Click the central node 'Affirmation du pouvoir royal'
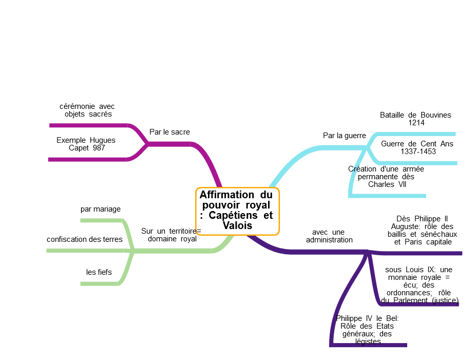[237, 210]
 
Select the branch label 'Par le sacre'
[169, 132]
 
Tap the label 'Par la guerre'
[344, 136]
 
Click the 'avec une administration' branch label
[329, 236]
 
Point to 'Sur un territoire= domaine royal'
[172, 235]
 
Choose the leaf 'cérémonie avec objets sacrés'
[87, 110]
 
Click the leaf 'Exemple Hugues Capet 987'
[86, 144]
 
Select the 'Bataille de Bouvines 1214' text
[415, 119]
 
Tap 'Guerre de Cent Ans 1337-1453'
[417, 147]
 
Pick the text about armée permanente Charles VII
[386, 176]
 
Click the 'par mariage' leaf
[101, 209]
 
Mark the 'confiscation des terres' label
[85, 239]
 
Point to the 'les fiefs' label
[99, 272]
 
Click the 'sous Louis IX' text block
[419, 285]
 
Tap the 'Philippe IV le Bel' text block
[367, 330]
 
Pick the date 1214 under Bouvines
[416, 123]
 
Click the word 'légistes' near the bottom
[368, 342]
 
